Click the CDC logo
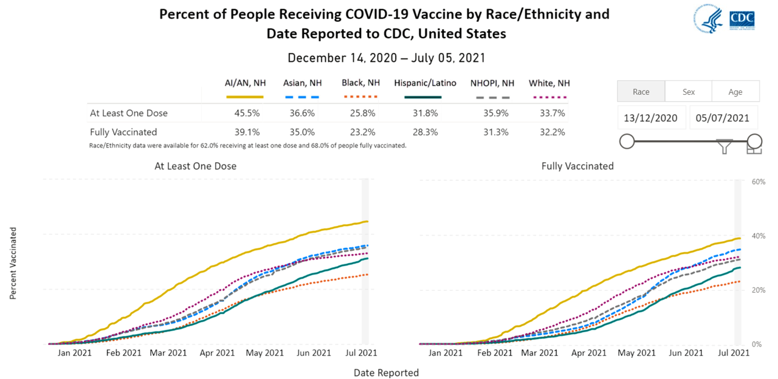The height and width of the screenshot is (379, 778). coord(742,19)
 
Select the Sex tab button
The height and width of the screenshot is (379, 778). coord(688,92)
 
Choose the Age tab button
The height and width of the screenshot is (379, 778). coord(735,92)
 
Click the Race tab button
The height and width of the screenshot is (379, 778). coord(641,92)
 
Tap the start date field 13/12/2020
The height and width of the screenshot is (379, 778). coord(652,118)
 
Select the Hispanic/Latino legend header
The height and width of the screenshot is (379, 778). coord(425,83)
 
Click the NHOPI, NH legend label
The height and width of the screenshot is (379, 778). coord(492,83)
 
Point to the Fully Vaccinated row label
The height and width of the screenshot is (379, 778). coord(123,132)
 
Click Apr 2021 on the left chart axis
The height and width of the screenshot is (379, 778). coord(217,352)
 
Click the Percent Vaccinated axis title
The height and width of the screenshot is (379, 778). coord(13,263)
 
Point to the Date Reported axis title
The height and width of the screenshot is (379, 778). coord(386,372)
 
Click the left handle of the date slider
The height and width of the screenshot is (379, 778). coord(627,142)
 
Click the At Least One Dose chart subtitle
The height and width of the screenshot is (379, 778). coord(195,166)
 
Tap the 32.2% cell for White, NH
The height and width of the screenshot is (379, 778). coord(553,132)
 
